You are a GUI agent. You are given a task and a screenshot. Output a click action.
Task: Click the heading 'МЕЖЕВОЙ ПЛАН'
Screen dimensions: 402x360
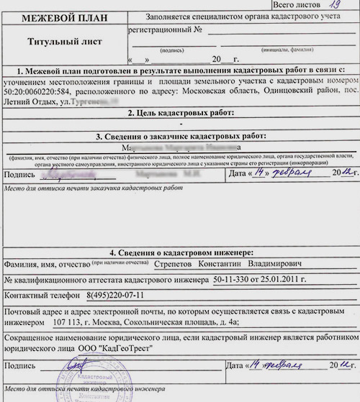pyautogui.click(x=62, y=16)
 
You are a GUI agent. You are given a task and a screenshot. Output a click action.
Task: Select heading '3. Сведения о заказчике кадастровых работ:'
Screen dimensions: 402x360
pyautogui.click(x=181, y=136)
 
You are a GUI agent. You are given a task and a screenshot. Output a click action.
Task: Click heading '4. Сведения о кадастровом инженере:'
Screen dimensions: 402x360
pyautogui.click(x=181, y=252)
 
